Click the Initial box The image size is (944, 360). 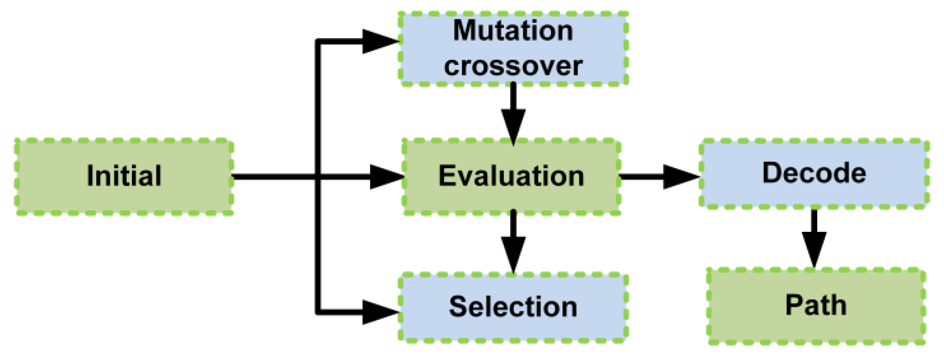[x=124, y=176]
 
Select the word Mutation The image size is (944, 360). [x=513, y=31]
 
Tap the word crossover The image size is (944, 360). [x=513, y=66]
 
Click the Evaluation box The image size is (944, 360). [x=511, y=176]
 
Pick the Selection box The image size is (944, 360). [x=513, y=307]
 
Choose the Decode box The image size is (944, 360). [x=813, y=173]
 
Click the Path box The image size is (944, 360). [x=816, y=306]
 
